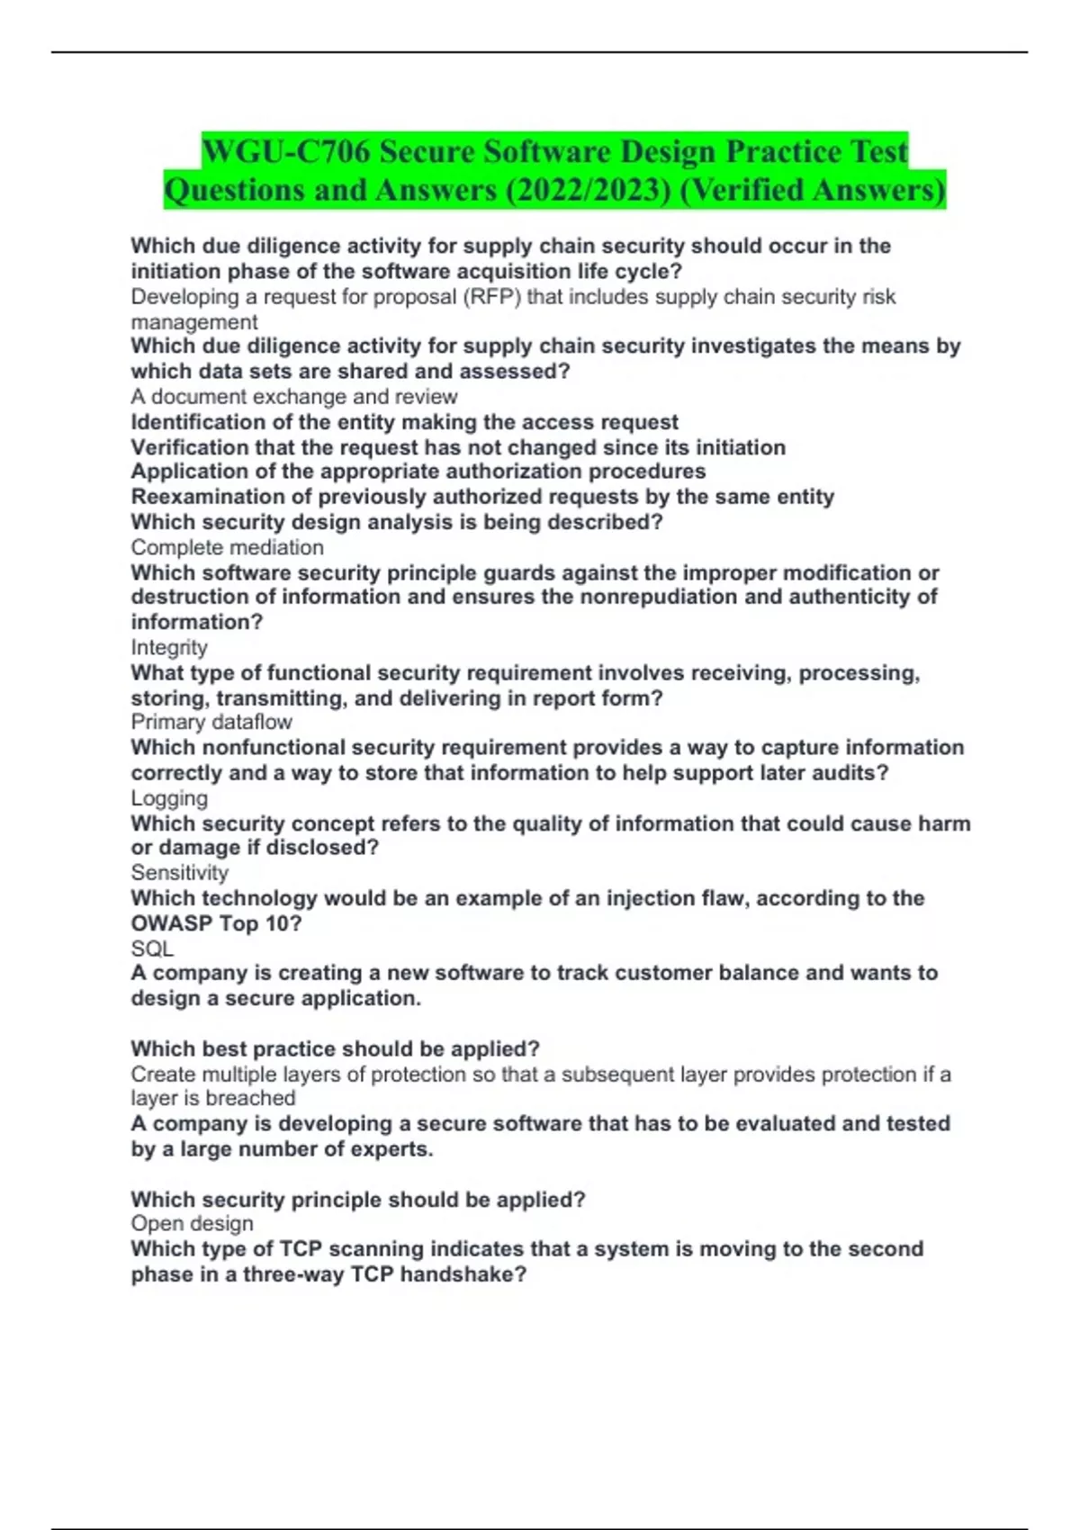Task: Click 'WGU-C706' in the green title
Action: tap(285, 151)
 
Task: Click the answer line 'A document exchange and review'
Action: tap(294, 397)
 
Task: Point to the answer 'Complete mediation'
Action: tap(227, 547)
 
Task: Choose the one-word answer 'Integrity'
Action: tap(169, 647)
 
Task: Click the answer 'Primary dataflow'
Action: tap(211, 722)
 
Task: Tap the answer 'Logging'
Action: tap(169, 798)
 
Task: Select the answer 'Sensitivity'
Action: tap(180, 872)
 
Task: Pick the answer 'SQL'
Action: tap(152, 949)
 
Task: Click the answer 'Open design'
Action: tap(192, 1223)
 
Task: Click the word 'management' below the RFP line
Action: tap(194, 322)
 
